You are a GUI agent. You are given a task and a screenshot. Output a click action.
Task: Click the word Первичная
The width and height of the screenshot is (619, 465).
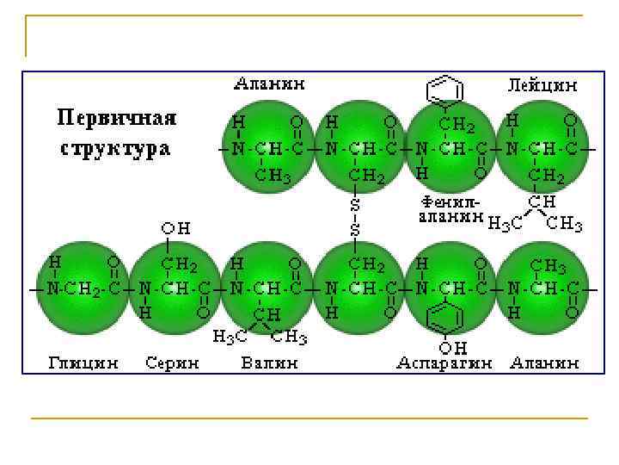click(117, 117)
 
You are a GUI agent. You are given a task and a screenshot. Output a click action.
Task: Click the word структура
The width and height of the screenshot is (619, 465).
click(115, 147)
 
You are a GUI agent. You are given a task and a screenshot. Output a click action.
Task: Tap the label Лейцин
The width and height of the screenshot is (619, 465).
click(542, 85)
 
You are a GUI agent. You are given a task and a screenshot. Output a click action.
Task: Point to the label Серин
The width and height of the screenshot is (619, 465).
click(172, 363)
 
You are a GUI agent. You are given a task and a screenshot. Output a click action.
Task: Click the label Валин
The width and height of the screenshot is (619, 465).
click(269, 363)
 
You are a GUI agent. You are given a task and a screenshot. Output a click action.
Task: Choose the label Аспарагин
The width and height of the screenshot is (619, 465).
click(444, 363)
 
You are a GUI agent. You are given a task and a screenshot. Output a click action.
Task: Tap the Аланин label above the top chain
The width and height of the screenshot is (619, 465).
click(269, 84)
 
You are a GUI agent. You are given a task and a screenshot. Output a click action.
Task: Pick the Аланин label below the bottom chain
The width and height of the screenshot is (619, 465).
click(543, 363)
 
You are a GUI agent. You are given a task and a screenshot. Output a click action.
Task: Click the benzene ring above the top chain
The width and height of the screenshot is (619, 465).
click(444, 90)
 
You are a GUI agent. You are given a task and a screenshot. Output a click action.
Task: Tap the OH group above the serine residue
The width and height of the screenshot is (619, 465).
click(176, 228)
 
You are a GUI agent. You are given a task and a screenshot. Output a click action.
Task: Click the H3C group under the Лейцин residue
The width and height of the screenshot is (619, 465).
click(504, 225)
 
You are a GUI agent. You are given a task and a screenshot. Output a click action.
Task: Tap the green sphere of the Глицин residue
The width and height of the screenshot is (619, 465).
click(81, 287)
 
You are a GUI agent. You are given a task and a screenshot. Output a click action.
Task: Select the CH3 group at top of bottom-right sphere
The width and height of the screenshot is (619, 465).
click(549, 265)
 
